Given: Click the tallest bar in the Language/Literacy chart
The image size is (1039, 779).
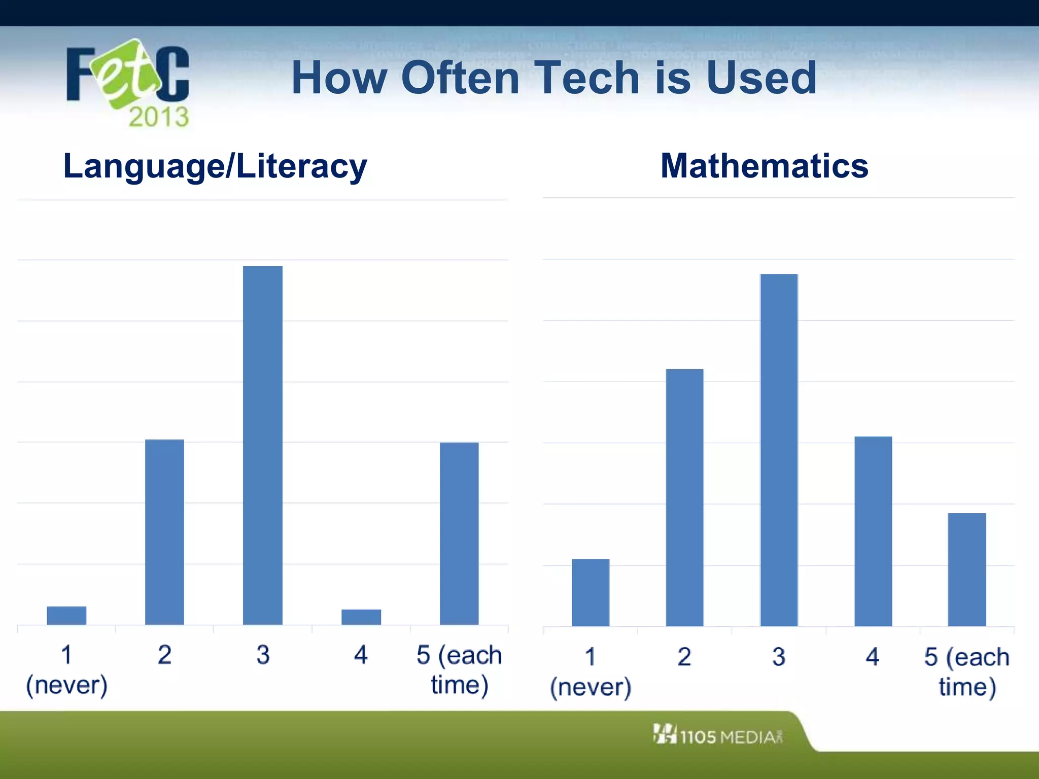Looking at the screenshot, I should (x=262, y=445).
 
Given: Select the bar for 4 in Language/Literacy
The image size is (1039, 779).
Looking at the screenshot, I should (x=361, y=617).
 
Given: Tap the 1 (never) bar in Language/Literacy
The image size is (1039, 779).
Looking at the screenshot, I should (x=66, y=615).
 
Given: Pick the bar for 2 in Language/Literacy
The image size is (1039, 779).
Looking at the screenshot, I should (x=164, y=532).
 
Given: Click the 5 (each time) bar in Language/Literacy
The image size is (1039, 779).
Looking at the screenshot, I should (x=459, y=534).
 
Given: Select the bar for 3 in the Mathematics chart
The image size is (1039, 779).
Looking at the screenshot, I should (x=779, y=450).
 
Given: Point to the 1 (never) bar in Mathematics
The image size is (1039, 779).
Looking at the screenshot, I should (x=591, y=592).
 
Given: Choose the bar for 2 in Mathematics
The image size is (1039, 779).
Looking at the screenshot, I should (x=684, y=498).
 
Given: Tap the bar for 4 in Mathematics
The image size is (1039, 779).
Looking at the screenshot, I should (x=873, y=531).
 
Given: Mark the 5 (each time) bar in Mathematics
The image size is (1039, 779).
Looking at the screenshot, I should (x=967, y=570).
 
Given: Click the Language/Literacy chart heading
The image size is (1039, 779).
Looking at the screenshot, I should (x=215, y=166).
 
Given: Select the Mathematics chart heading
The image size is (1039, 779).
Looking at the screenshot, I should (x=764, y=166).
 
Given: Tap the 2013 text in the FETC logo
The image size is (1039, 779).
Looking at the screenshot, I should (x=158, y=117).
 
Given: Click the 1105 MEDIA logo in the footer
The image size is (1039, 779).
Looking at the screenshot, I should (x=718, y=735).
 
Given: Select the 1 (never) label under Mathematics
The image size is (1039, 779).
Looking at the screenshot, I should (x=591, y=672).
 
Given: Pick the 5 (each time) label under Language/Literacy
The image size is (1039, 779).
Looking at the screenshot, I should (x=459, y=669).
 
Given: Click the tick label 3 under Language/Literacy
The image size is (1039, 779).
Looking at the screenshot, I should (x=263, y=655).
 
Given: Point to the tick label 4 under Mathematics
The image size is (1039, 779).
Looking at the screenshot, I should (x=872, y=657).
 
